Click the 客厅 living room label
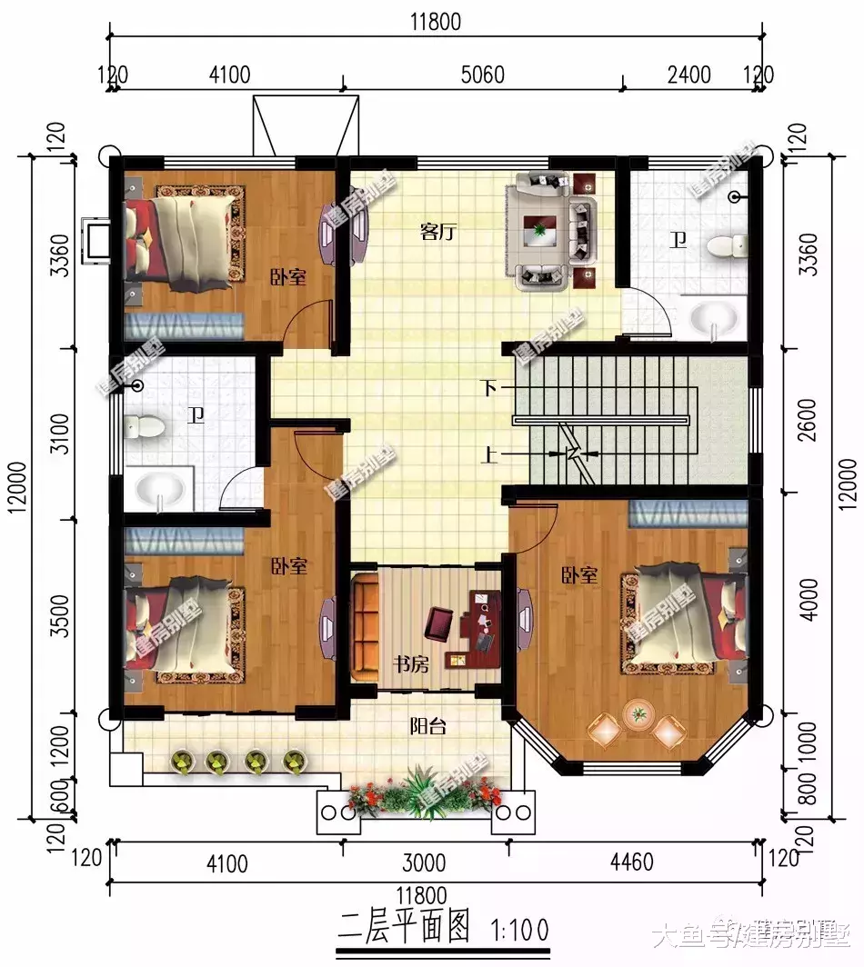(x=437, y=232)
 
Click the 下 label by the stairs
(x=490, y=389)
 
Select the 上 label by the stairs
(x=490, y=454)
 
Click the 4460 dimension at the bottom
(x=630, y=862)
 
